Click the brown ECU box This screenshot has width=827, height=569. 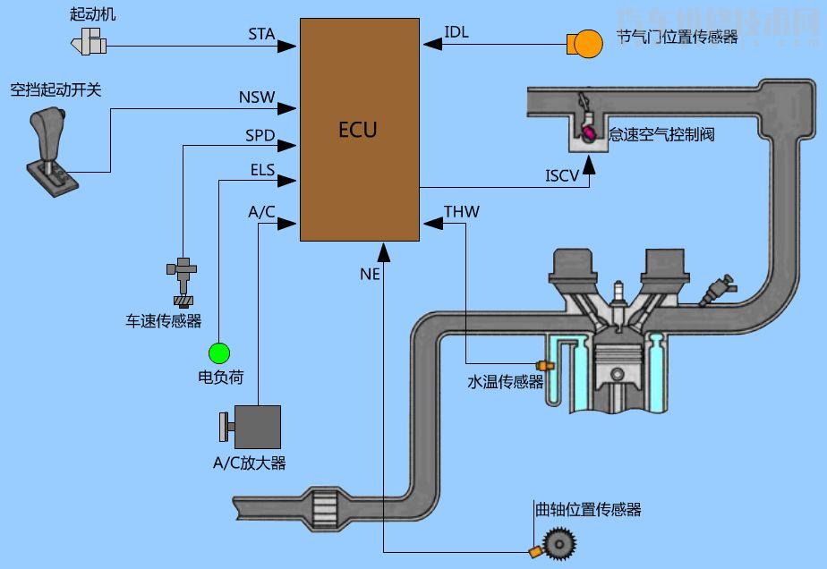click(359, 130)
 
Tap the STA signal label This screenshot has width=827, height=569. click(261, 35)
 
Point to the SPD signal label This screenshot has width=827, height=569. click(260, 135)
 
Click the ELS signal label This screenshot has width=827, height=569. click(262, 169)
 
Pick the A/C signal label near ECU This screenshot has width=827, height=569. click(261, 212)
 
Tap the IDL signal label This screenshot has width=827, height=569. click(456, 33)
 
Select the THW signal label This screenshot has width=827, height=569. click(462, 212)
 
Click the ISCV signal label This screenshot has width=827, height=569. click(562, 174)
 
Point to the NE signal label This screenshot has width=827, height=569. click(370, 275)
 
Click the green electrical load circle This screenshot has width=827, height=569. click(219, 352)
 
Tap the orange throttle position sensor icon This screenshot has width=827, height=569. click(586, 43)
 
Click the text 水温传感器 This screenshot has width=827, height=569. click(506, 382)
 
